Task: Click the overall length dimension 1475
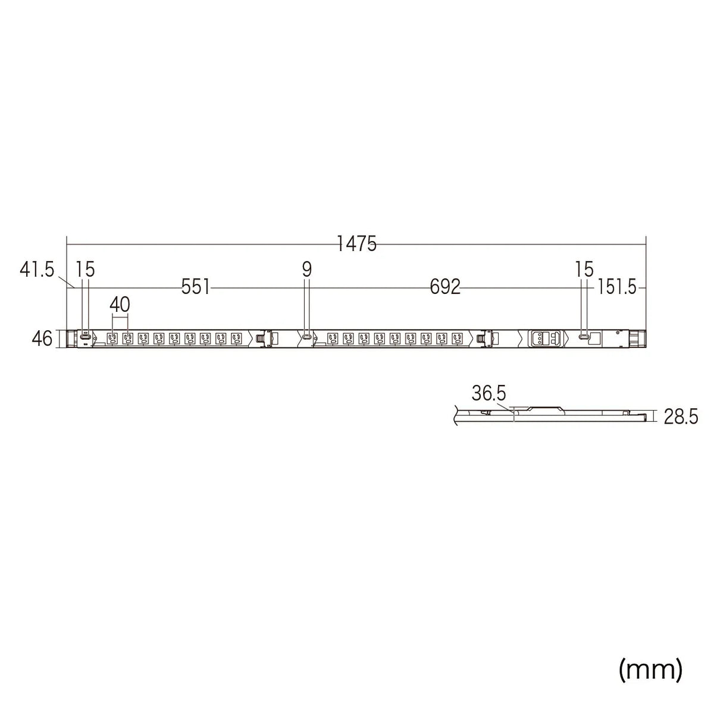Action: pyautogui.click(x=356, y=244)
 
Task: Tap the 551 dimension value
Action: pyautogui.click(x=196, y=287)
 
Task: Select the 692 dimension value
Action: pyautogui.click(x=445, y=287)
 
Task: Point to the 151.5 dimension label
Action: pyautogui.click(x=616, y=287)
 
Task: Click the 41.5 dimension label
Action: pyautogui.click(x=37, y=269)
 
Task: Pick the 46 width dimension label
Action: pyautogui.click(x=42, y=339)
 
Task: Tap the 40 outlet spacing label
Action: pyautogui.click(x=120, y=305)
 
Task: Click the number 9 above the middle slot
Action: pyautogui.click(x=306, y=270)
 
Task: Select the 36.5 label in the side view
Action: pyautogui.click(x=488, y=393)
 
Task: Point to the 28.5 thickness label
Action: pyautogui.click(x=681, y=417)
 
